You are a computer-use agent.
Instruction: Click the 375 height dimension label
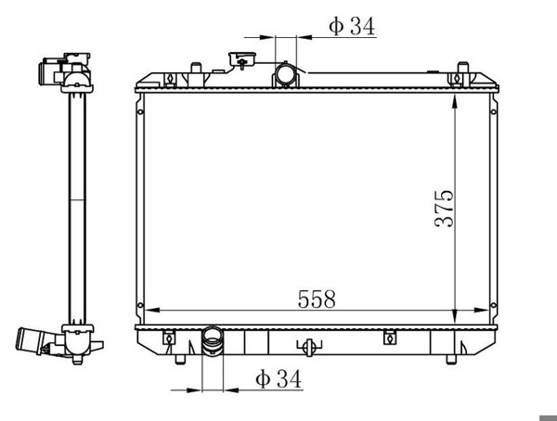click(x=444, y=209)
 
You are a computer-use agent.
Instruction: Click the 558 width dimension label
click(x=317, y=299)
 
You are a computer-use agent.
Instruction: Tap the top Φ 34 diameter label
click(x=352, y=26)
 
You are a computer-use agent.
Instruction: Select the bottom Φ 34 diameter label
click(x=278, y=378)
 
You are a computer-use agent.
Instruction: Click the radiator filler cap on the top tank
click(x=242, y=59)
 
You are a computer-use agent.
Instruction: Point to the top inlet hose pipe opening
click(x=286, y=74)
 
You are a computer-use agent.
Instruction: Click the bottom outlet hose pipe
click(x=212, y=340)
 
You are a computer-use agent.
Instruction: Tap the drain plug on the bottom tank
click(x=309, y=347)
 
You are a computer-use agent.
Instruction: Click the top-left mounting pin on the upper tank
click(x=196, y=68)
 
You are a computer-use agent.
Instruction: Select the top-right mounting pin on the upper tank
click(x=463, y=68)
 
